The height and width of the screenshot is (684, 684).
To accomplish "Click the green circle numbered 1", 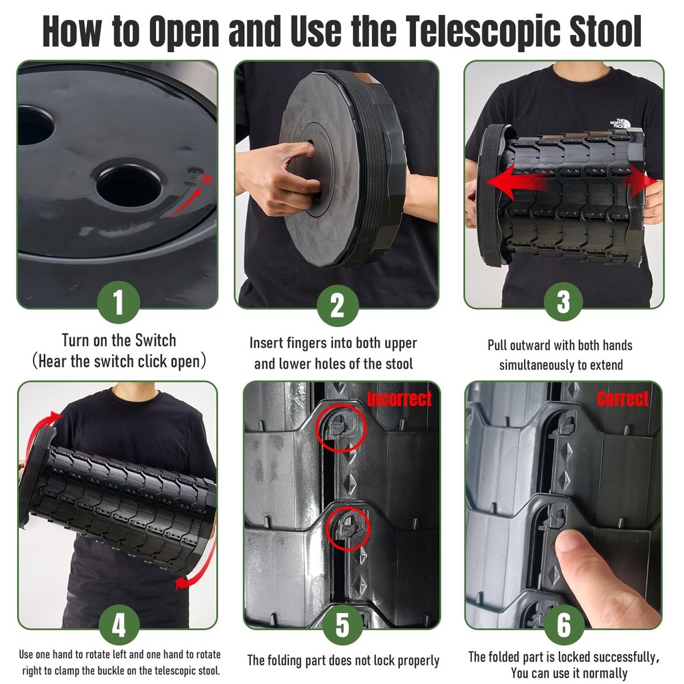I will click(x=118, y=303).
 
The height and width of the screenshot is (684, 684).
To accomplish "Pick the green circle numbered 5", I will click(x=342, y=625).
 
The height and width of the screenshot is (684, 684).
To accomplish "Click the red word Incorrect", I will click(x=399, y=398).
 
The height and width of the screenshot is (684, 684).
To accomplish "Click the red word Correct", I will click(x=622, y=399).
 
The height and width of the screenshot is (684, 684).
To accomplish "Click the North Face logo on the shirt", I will click(x=619, y=125).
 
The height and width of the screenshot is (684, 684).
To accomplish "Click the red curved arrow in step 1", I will click(x=185, y=198).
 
